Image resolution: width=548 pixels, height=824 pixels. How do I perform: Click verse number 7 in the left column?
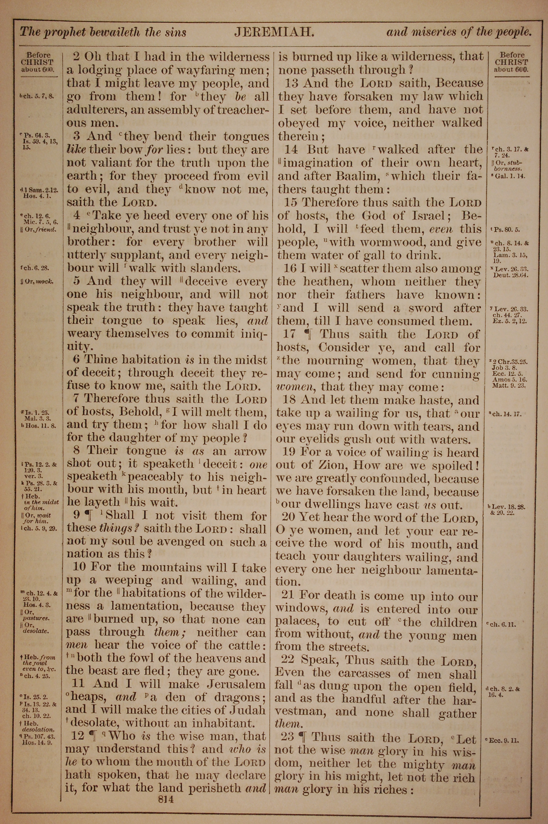(x=77, y=399)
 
